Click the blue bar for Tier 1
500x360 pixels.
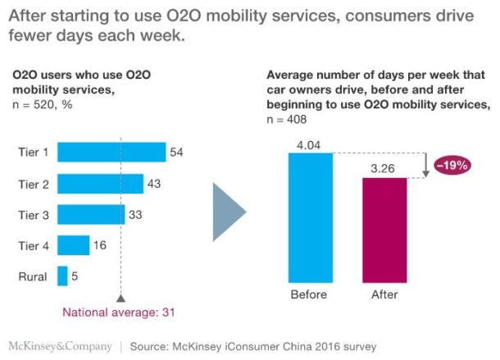(111, 152)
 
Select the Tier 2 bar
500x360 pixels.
(101, 183)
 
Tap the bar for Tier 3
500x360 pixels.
(91, 214)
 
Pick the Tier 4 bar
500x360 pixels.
(73, 245)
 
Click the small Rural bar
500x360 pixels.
(62, 276)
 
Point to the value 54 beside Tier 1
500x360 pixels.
(176, 152)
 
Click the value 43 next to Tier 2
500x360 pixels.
(154, 183)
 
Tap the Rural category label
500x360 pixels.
(32, 277)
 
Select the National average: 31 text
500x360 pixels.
(120, 312)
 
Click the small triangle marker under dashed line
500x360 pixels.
(120, 298)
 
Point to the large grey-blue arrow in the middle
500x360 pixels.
(230, 212)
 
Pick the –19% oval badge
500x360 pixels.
(451, 164)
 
